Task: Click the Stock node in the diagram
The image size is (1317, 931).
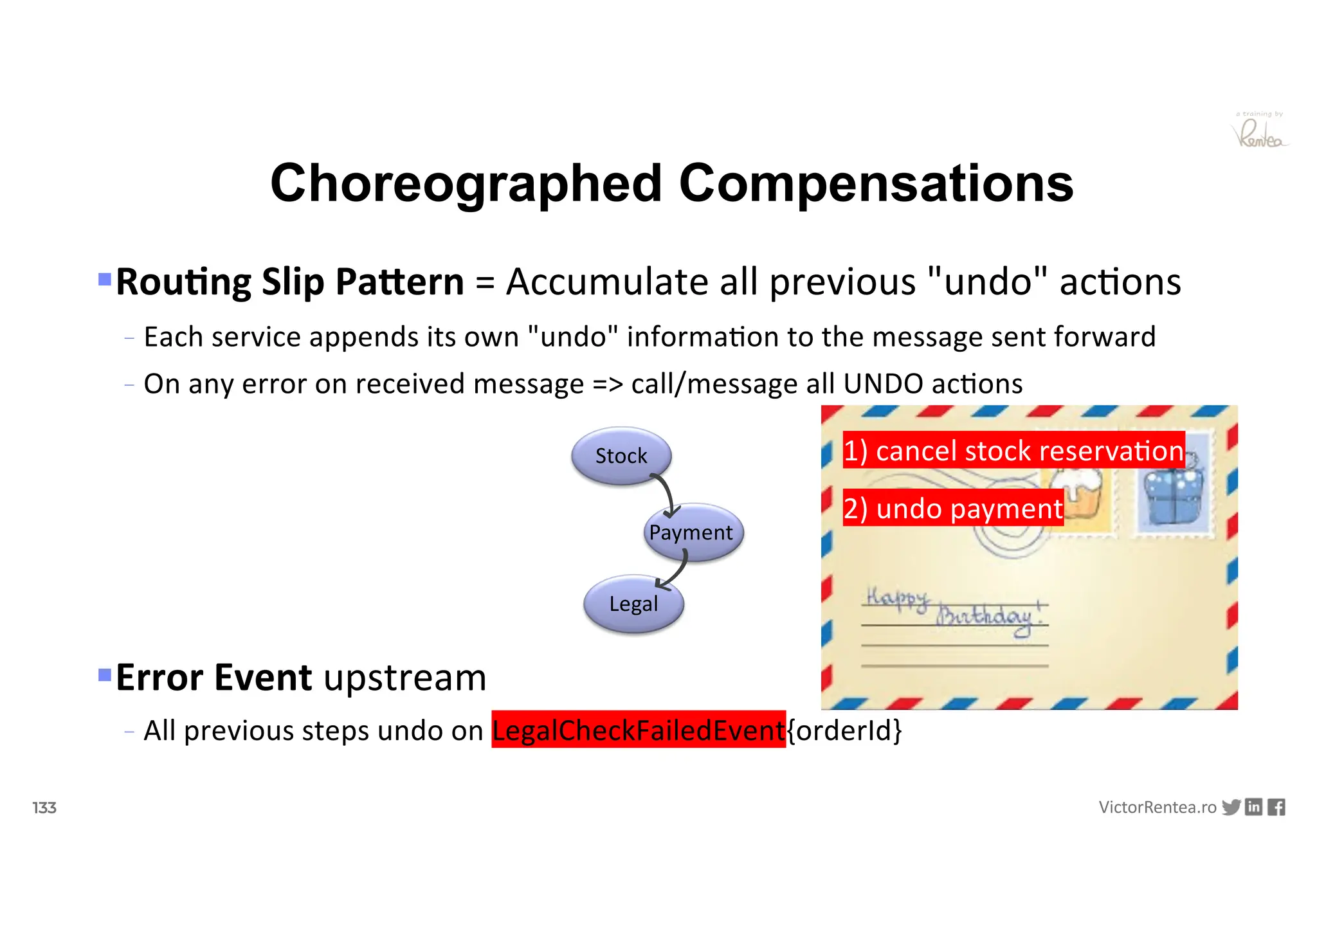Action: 621,456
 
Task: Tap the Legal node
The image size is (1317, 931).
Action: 633,604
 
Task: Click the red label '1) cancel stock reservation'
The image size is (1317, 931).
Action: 1013,450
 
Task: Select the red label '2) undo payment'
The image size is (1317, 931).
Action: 953,508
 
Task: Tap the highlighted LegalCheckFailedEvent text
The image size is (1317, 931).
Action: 638,730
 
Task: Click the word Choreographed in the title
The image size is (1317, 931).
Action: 466,183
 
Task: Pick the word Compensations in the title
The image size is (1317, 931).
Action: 876,183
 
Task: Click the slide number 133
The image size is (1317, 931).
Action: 44,808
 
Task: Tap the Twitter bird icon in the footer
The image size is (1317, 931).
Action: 1231,807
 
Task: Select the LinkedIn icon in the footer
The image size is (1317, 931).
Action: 1253,807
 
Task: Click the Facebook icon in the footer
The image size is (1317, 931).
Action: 1276,807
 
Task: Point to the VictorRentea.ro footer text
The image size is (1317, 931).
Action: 1157,808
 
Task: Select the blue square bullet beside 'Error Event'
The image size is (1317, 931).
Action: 105,674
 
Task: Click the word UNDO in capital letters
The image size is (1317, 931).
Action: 883,384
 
